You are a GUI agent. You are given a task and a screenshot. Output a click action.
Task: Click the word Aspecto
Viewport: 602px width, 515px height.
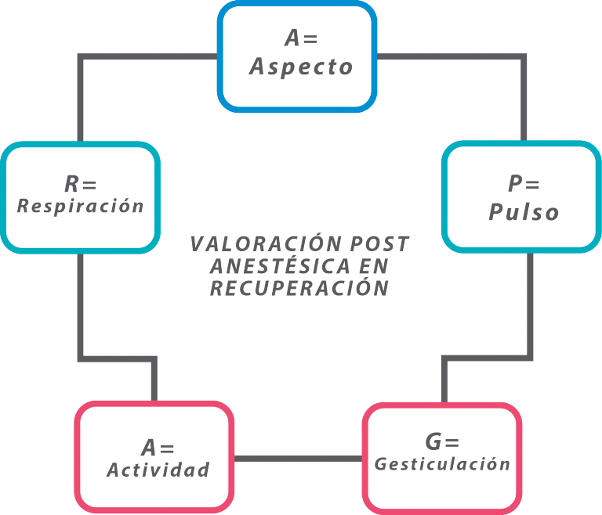coord(301,67)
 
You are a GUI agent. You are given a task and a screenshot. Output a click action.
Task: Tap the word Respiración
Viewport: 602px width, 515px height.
coord(80,206)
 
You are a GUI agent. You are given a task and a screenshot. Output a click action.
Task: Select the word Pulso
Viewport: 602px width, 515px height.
coord(524,211)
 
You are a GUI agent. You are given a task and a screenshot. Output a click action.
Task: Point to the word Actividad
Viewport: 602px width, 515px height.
coord(158,470)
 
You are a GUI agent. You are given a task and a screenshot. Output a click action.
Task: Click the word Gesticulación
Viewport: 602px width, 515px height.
coord(442,464)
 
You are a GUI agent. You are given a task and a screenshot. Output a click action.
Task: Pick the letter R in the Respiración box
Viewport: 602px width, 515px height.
coord(71,183)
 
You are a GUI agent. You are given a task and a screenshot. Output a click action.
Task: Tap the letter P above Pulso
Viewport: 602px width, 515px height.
coord(515,183)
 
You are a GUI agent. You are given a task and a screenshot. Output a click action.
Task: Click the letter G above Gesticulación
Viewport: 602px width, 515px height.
coord(433,441)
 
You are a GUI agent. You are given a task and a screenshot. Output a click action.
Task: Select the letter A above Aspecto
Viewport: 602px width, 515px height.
coord(292,38)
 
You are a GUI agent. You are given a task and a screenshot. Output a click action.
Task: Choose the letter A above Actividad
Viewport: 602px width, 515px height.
coord(149,447)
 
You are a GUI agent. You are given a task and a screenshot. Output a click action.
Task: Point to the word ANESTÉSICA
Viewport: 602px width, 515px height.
coord(281,266)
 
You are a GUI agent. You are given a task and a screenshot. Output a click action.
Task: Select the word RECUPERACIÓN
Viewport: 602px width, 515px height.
coord(299,288)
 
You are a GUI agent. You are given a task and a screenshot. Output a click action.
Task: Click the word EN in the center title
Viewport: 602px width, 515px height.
coord(374,266)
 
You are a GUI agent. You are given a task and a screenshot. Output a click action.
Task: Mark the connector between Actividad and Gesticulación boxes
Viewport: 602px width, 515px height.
coord(299,459)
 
